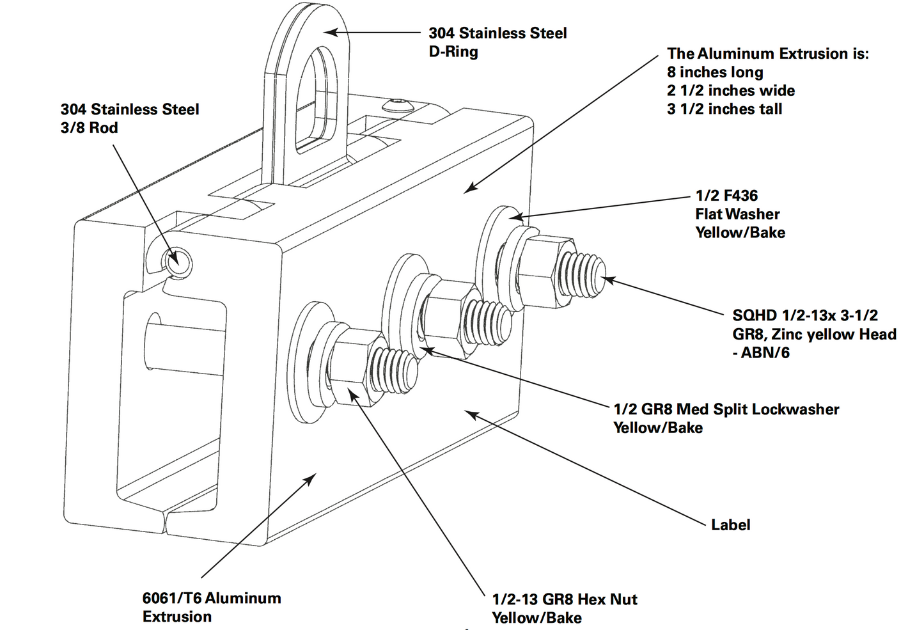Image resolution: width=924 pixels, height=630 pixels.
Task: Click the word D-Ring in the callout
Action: click(453, 52)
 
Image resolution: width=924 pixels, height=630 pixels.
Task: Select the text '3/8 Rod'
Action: click(90, 128)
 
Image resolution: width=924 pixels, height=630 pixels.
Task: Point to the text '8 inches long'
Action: click(715, 72)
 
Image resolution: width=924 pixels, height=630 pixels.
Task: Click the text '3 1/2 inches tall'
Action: click(724, 109)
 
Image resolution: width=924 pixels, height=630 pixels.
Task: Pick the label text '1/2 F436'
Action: click(726, 196)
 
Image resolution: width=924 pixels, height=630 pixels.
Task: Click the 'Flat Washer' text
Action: click(737, 214)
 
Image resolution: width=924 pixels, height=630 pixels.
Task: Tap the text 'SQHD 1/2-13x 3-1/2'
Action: click(805, 315)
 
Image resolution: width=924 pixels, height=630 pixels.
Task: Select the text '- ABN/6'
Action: click(761, 352)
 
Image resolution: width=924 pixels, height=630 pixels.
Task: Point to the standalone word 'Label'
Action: click(730, 525)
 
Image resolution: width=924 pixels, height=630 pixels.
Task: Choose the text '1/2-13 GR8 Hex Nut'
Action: click(564, 599)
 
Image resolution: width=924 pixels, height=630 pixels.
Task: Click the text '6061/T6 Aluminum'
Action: click(212, 599)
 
